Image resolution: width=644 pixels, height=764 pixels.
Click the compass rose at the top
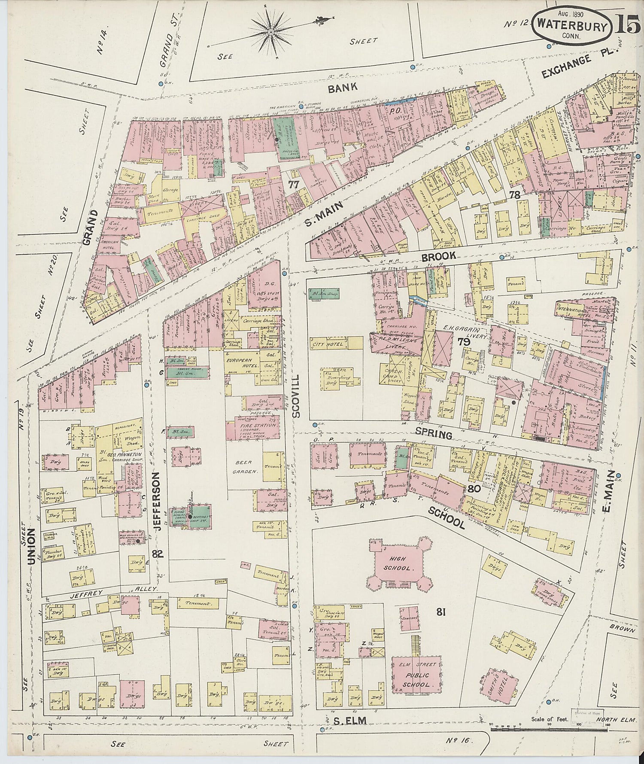[x=272, y=31]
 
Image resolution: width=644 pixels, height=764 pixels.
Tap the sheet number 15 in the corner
[x=628, y=26]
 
